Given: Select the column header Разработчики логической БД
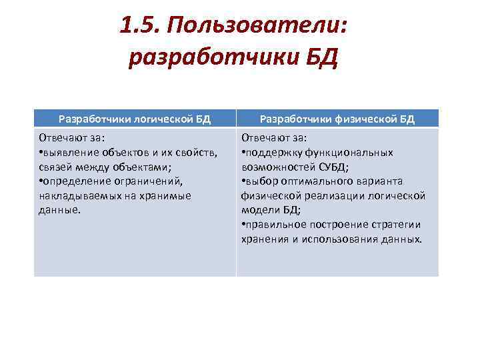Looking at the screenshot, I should coord(135,119).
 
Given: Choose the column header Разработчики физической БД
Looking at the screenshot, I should coord(337,119).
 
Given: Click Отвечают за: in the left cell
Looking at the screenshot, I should coord(68,138).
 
